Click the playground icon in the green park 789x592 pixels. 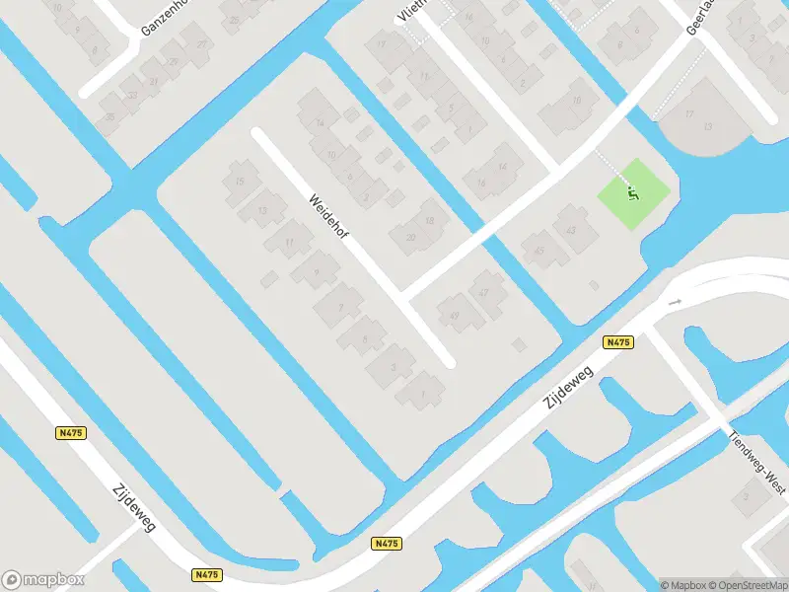(x=632, y=191)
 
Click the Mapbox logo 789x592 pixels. (x=41, y=579)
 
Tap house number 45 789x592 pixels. (x=539, y=251)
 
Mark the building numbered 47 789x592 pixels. (x=483, y=293)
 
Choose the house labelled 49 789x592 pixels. (x=455, y=315)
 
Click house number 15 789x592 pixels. (x=240, y=181)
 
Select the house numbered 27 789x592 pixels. (x=202, y=45)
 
